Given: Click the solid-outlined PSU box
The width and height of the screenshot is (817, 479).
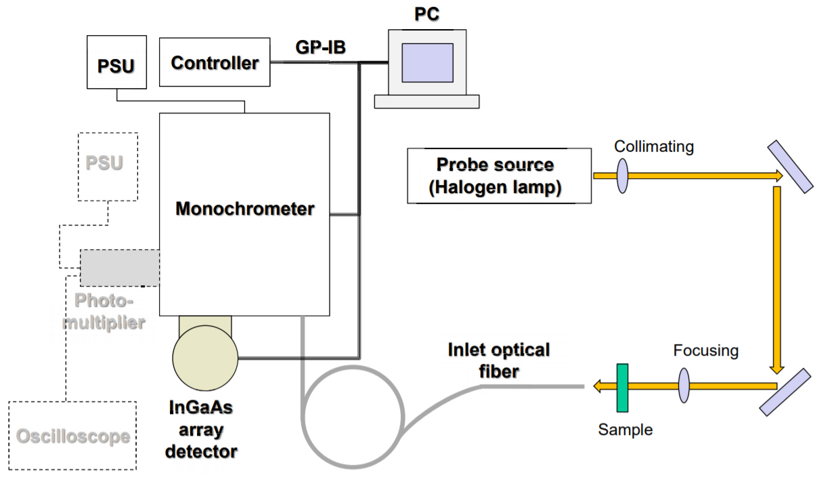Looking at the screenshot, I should click(116, 62).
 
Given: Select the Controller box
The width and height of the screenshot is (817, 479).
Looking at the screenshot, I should click(215, 62).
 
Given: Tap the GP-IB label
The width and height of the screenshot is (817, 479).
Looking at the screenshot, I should click(322, 47).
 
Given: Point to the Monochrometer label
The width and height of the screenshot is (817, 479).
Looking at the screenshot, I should click(244, 209).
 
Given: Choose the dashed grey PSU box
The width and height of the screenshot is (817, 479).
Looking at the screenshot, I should click(108, 165).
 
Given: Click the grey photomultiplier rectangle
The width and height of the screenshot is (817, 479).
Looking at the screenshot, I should click(120, 267).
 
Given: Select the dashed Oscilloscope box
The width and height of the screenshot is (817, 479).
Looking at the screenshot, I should click(72, 436).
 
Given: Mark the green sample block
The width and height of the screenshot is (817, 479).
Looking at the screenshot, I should click(622, 387).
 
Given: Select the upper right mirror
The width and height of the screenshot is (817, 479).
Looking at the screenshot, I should click(790, 167).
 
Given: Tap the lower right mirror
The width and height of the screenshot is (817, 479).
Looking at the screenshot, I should click(785, 391).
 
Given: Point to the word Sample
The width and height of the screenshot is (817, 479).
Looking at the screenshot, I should click(625, 430).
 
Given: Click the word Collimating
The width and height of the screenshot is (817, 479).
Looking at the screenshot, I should click(654, 146).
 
